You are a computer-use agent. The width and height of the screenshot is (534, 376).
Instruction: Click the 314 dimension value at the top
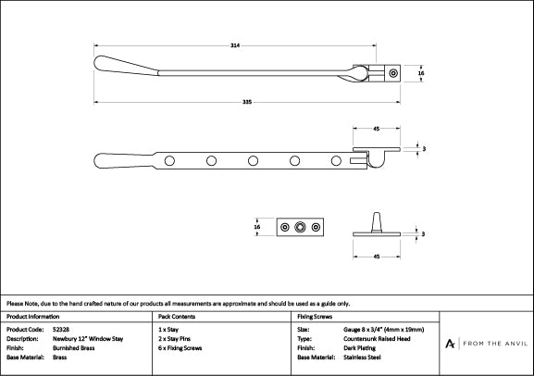pyautogui.click(x=235, y=45)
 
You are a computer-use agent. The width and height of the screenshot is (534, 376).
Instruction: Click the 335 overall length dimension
pyautogui.click(x=247, y=102)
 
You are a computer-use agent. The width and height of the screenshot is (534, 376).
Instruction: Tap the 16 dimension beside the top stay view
pyautogui.click(x=421, y=73)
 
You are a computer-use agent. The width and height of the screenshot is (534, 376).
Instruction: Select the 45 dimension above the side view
pyautogui.click(x=377, y=129)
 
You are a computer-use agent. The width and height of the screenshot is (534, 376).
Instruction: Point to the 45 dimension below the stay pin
pyautogui.click(x=377, y=257)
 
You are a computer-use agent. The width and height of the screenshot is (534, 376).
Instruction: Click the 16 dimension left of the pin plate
pyautogui.click(x=257, y=227)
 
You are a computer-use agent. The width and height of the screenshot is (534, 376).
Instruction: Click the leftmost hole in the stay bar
pyautogui.click(x=169, y=160)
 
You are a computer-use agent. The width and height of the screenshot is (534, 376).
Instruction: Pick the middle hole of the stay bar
pyautogui.click(x=253, y=160)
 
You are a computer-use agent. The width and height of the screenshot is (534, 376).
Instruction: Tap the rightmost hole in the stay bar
pyautogui.click(x=336, y=160)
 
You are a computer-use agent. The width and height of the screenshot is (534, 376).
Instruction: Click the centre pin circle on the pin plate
pyautogui.click(x=300, y=227)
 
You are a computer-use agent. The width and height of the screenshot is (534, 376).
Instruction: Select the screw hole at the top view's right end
pyautogui.click(x=393, y=73)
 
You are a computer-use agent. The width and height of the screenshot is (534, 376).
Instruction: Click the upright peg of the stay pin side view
pyautogui.click(x=377, y=222)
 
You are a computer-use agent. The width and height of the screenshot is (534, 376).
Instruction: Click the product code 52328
pyautogui.click(x=61, y=330)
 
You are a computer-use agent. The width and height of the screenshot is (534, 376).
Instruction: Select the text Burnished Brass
pyautogui.click(x=73, y=348)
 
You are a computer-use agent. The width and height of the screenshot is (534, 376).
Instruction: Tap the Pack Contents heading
pyautogui.click(x=177, y=317)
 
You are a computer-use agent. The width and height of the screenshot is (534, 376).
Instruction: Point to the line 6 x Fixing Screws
pyautogui.click(x=180, y=348)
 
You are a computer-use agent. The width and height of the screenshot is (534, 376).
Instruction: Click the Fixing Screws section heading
pyautogui.click(x=315, y=317)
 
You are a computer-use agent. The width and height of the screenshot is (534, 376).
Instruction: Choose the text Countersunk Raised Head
pyautogui.click(x=377, y=339)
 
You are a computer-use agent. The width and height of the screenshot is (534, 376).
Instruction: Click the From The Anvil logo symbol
pyautogui.click(x=450, y=344)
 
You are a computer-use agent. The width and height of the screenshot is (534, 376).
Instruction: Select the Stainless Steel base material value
pyautogui.click(x=362, y=357)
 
